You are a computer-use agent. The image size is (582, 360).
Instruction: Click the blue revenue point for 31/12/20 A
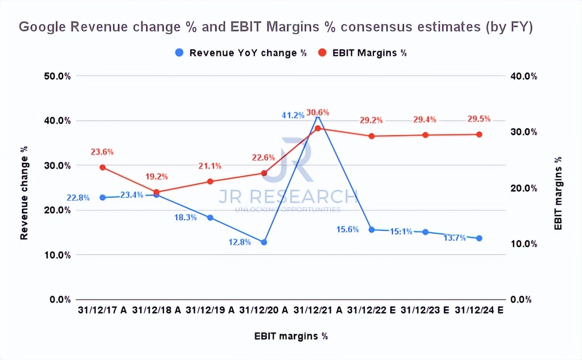point(264,242)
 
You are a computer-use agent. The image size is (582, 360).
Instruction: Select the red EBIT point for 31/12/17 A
point(103,167)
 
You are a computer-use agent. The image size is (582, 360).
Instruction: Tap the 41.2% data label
point(293,115)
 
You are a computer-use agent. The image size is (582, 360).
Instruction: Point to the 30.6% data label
point(318,112)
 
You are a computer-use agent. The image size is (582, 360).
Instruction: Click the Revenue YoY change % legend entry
point(241,53)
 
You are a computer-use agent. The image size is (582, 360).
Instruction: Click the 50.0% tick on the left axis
point(57,76)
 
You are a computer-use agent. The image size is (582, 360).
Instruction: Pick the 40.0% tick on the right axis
point(525,76)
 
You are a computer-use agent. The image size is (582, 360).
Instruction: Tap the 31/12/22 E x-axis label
point(371,310)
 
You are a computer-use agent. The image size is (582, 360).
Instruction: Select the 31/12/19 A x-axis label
point(210,310)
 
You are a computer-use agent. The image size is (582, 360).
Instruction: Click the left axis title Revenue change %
point(24,193)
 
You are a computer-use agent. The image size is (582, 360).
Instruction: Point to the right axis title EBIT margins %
point(558,193)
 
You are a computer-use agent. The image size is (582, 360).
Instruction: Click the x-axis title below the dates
point(291,336)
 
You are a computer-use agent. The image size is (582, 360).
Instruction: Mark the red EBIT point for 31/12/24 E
point(479,135)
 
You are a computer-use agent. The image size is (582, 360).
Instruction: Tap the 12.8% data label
point(240,242)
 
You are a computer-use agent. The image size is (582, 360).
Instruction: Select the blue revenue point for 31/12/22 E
point(371,230)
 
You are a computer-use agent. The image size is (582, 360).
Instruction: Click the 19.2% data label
point(157,176)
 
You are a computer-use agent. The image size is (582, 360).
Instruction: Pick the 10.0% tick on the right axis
point(525,244)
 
